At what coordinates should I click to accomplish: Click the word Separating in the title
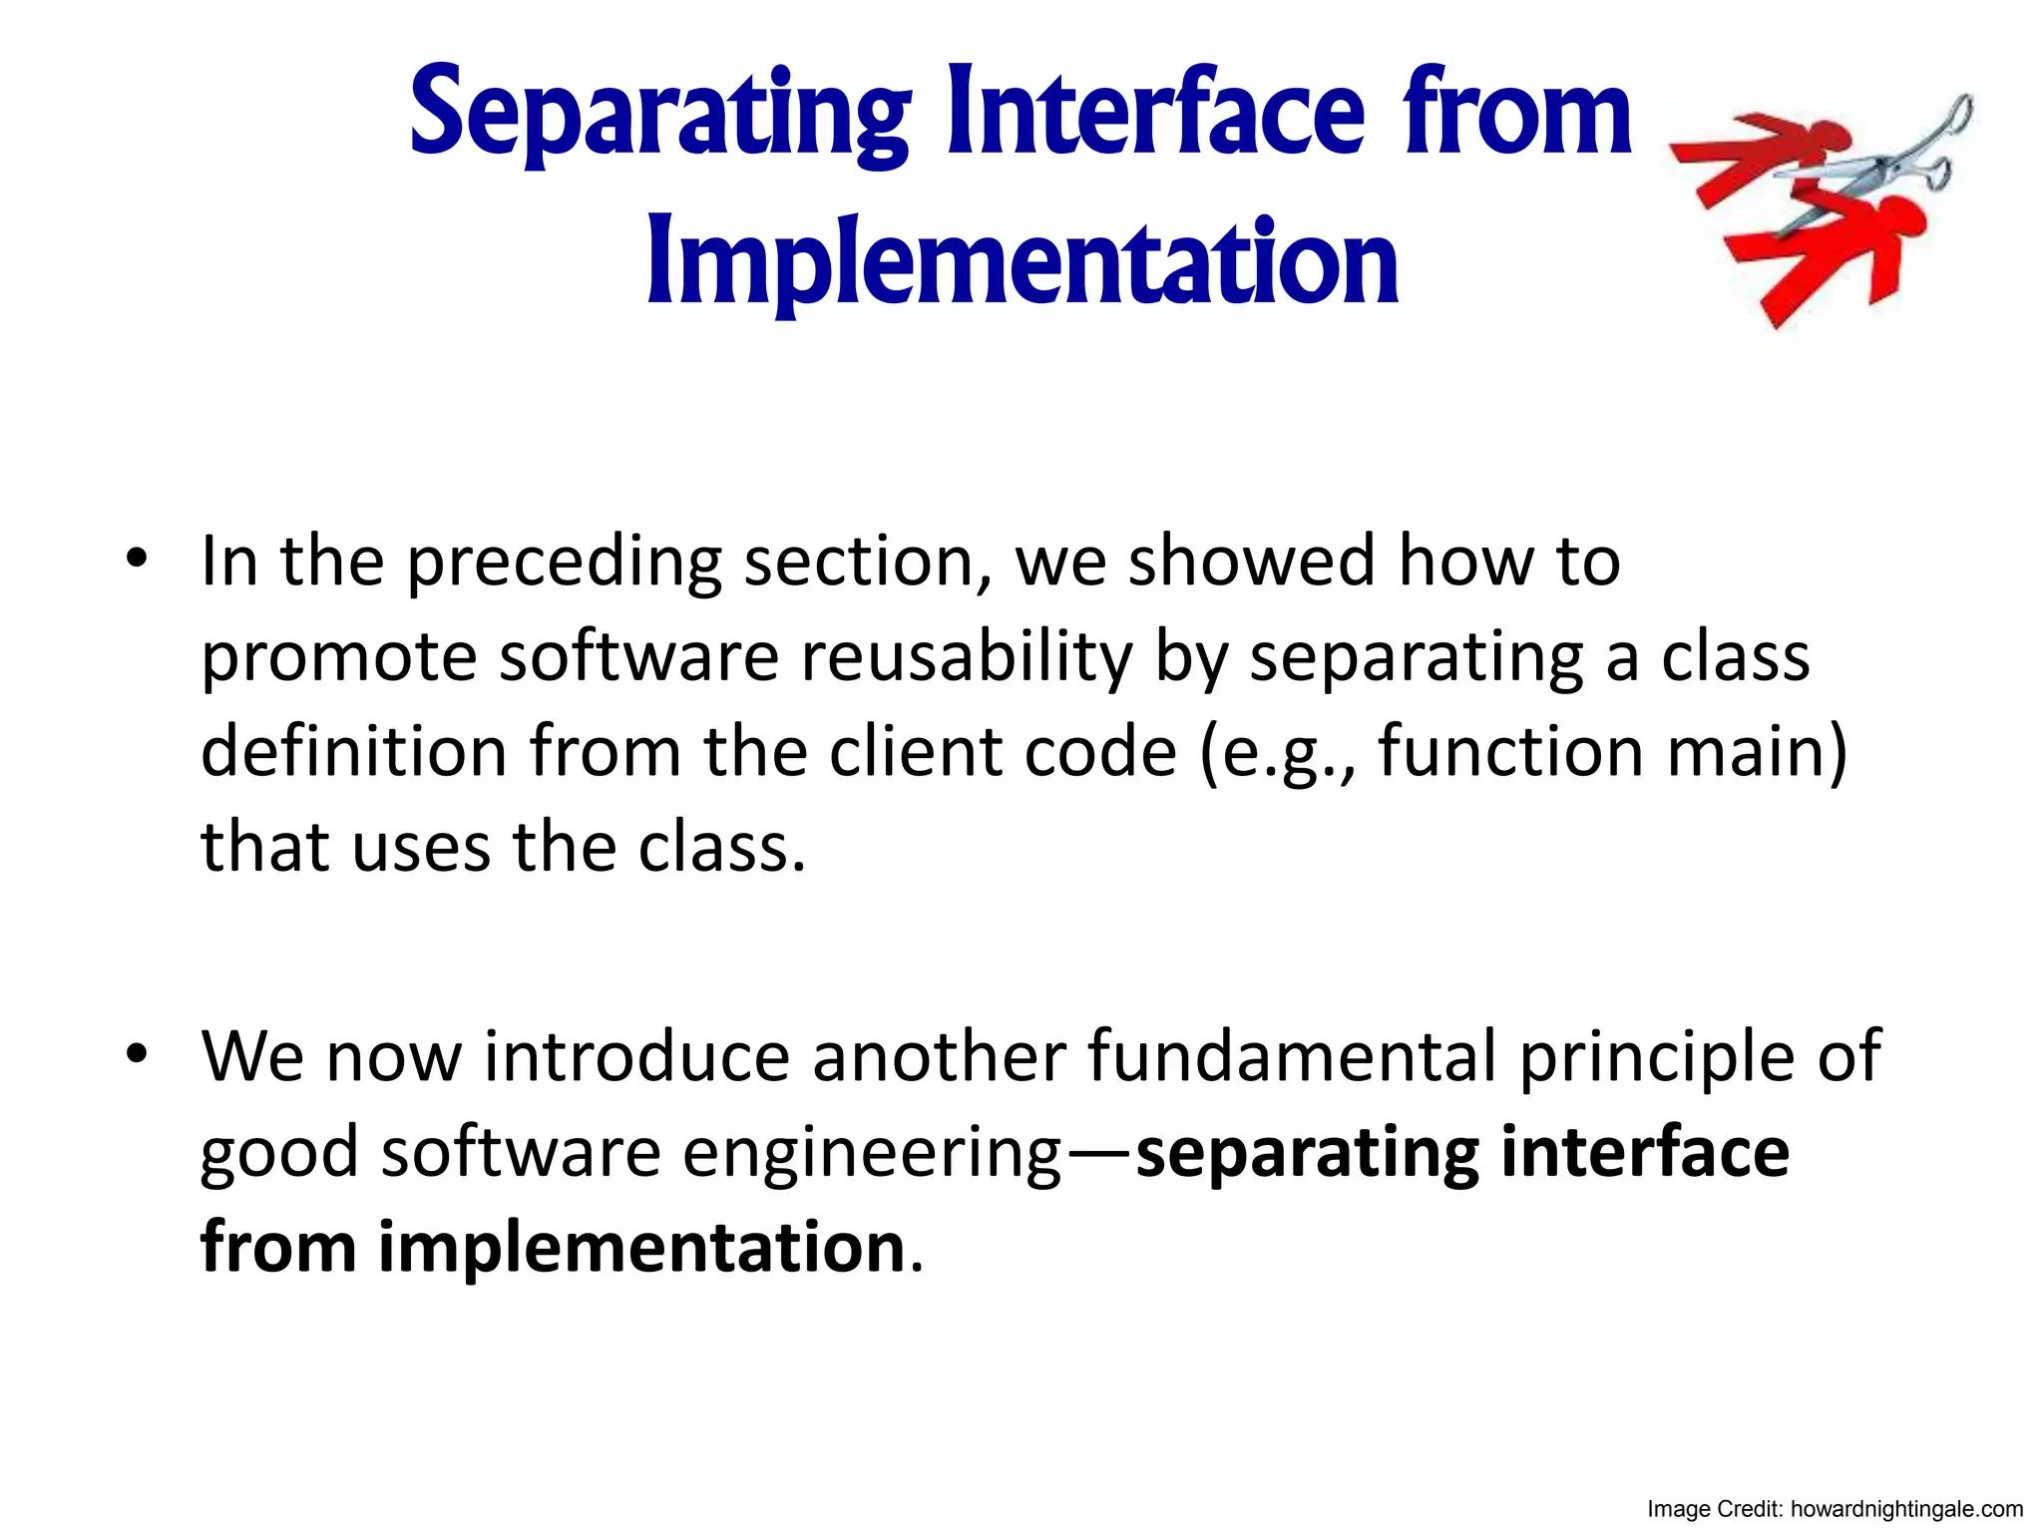659,115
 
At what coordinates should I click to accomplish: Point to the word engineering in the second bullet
872,1154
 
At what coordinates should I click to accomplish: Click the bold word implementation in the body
641,1248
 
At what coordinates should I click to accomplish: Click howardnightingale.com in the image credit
1906,1509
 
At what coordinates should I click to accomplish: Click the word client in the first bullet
914,752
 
